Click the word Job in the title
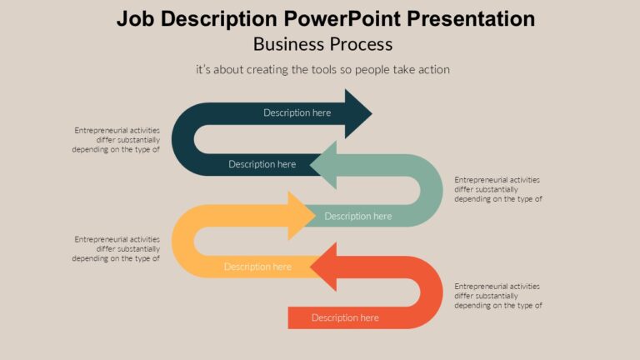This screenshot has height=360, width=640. point(135,19)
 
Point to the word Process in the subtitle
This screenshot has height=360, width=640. point(357,44)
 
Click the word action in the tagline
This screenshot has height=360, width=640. point(432,70)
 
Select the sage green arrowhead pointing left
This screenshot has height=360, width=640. point(324,163)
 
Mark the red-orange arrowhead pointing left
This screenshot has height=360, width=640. point(324,267)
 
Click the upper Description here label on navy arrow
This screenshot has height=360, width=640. point(297,112)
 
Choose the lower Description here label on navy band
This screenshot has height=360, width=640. point(262,164)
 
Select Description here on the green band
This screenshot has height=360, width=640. point(357,216)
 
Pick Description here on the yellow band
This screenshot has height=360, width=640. point(257,267)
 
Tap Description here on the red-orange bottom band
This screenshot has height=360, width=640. point(345,317)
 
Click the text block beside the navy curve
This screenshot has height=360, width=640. point(116,140)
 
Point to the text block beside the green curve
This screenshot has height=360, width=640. point(498,189)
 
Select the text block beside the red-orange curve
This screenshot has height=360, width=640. point(498,296)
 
